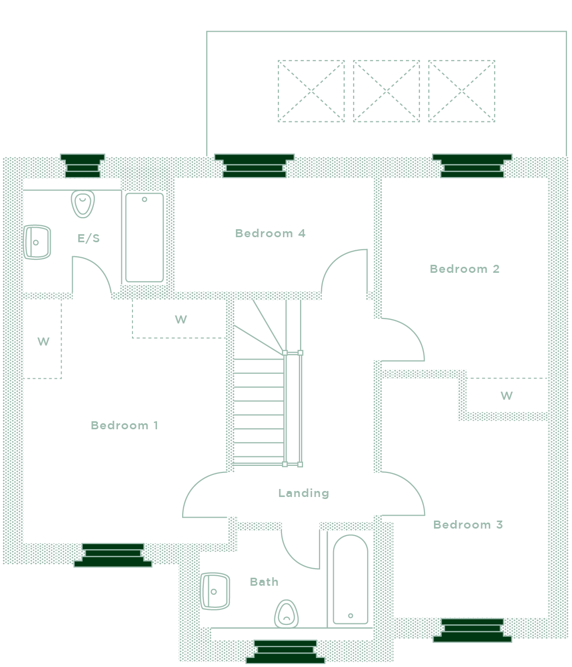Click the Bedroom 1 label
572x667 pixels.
click(x=124, y=425)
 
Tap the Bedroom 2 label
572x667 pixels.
click(x=465, y=269)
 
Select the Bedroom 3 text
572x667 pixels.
click(x=468, y=525)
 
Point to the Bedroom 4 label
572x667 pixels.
click(x=270, y=233)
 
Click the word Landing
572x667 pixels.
click(x=304, y=493)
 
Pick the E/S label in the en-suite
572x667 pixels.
click(x=88, y=238)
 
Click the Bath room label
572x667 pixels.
click(x=264, y=582)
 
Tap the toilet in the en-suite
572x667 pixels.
click(x=83, y=204)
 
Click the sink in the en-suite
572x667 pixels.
click(x=38, y=242)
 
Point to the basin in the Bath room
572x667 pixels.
click(x=215, y=591)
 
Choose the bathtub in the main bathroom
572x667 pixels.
click(x=350, y=579)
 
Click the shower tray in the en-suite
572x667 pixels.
click(x=145, y=237)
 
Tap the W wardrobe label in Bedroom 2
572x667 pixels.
click(x=506, y=395)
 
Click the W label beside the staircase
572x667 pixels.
click(x=181, y=319)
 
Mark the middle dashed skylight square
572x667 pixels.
click(x=386, y=91)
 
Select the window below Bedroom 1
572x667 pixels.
click(x=113, y=555)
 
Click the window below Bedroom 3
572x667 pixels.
click(x=472, y=630)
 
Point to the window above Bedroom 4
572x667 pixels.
click(x=254, y=166)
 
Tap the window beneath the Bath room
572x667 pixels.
click(x=285, y=651)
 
